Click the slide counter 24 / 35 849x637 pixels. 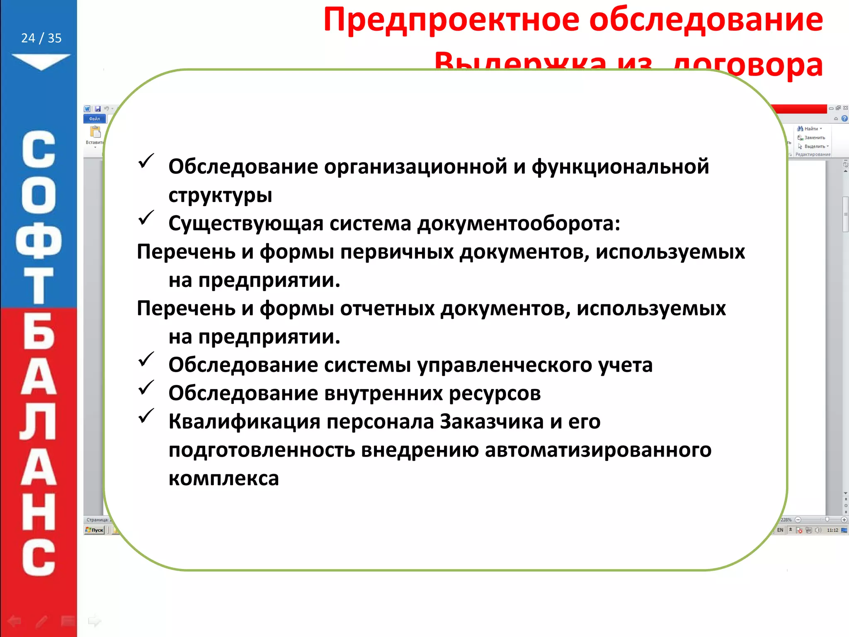point(41,38)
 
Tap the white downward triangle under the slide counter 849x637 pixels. point(41,61)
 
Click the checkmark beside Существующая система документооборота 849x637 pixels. point(146,218)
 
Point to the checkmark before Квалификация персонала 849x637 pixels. point(146,416)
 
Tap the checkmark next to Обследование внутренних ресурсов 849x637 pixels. point(146,388)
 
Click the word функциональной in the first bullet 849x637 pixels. point(620,167)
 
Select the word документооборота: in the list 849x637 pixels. point(519,224)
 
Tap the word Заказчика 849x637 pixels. point(492,422)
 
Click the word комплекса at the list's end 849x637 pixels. point(224,479)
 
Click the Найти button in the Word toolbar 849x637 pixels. point(810,129)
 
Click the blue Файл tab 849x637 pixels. point(95,119)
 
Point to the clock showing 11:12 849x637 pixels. point(832,530)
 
